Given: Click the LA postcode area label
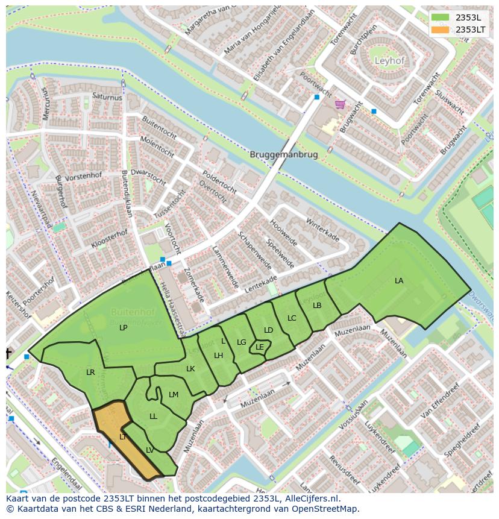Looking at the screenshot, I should point(399,281).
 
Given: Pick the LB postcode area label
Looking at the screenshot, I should point(317,306).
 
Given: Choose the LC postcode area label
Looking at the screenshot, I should point(292,318).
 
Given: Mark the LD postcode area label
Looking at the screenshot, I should point(268,330).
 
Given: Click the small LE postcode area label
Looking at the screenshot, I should point(260,347).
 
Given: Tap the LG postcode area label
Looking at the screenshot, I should point(242,342).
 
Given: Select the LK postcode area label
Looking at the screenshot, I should point(190,369).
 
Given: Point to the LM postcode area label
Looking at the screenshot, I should point(174,395).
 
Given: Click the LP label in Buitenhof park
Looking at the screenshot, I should point(123,328).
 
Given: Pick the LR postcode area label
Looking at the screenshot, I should point(90,373).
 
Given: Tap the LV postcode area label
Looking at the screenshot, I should point(149,450).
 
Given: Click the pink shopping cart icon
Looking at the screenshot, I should point(341,104).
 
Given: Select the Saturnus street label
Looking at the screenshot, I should point(107,97).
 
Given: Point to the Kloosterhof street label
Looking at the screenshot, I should point(109,239).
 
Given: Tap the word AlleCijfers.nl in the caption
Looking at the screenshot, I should point(307,499).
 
